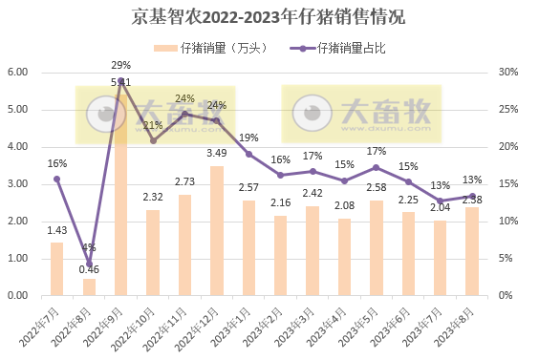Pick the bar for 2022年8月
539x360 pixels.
coord(89,286)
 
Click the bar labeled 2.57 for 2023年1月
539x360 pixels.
coord(248,248)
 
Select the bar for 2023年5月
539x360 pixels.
coord(377,247)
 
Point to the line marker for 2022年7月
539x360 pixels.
coord(56,179)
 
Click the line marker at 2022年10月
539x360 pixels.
coord(153,140)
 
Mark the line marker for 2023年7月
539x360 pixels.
coord(441,201)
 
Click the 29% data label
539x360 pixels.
coord(120,65)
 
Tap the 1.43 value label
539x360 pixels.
coord(56,229)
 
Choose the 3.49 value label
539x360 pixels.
coord(217,153)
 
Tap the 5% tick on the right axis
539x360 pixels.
coord(507,259)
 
